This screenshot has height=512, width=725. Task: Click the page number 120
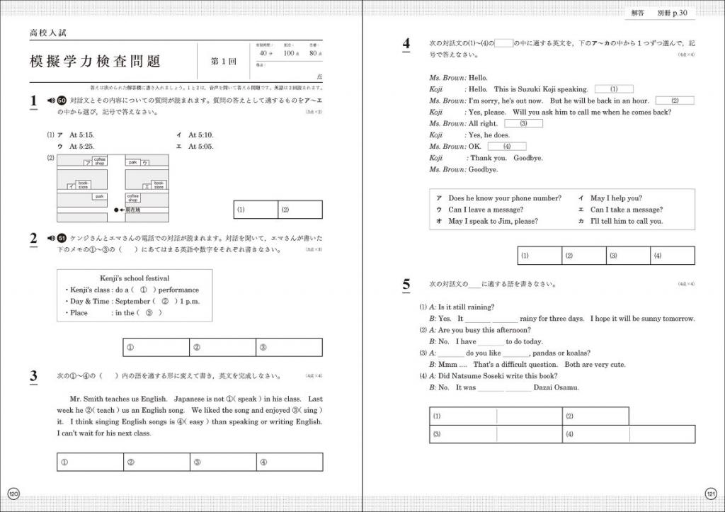(x=13, y=493)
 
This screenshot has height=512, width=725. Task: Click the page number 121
(x=712, y=493)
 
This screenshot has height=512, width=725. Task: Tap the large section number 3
(x=33, y=376)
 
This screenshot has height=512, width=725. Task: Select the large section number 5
(x=406, y=285)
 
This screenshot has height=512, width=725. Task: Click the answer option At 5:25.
(x=81, y=146)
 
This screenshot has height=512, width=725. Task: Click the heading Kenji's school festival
(x=135, y=278)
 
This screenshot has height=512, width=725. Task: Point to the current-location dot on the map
(x=116, y=210)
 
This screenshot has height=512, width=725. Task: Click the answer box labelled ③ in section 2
(x=288, y=347)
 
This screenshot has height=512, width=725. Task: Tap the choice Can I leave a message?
(x=486, y=210)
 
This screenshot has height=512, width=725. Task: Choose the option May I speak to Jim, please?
(x=493, y=221)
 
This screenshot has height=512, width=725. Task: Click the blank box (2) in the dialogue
(x=672, y=101)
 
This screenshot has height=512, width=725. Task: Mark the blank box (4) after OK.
(x=505, y=147)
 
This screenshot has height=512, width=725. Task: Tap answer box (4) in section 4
(x=672, y=256)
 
